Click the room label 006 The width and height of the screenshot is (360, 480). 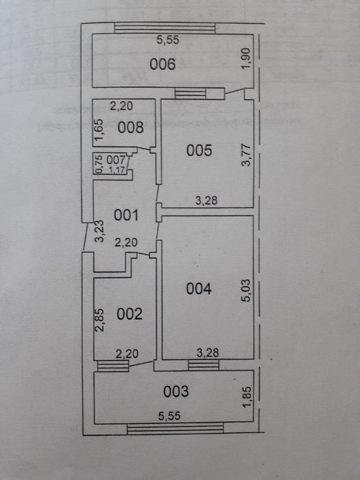tap(163, 64)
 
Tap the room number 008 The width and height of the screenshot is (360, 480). tap(131, 128)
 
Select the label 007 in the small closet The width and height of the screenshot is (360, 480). tap(116, 160)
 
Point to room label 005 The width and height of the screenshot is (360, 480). tap(200, 151)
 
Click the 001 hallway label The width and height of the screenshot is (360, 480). tap(126, 215)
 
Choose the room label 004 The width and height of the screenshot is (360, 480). tap(199, 289)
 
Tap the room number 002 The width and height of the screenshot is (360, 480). tap(130, 314)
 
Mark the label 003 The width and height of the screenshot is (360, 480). tap(176, 392)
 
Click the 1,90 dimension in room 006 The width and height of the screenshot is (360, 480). tap(246, 59)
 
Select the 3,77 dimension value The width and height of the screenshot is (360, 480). tap(246, 155)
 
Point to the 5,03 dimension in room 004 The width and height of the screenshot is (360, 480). tap(246, 291)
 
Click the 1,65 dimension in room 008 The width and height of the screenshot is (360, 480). tap(99, 130)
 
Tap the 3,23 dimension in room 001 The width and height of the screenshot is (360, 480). tap(99, 232)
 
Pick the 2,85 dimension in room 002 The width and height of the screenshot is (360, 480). tap(100, 320)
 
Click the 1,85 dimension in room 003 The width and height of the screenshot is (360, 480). tap(247, 397)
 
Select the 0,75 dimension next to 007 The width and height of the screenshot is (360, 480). tap(99, 164)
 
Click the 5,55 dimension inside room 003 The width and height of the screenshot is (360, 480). tap(169, 416)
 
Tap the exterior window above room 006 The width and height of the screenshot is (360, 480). tap(165, 28)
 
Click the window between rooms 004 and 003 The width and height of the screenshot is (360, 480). tap(204, 365)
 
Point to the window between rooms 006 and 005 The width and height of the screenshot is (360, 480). tap(191, 93)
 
